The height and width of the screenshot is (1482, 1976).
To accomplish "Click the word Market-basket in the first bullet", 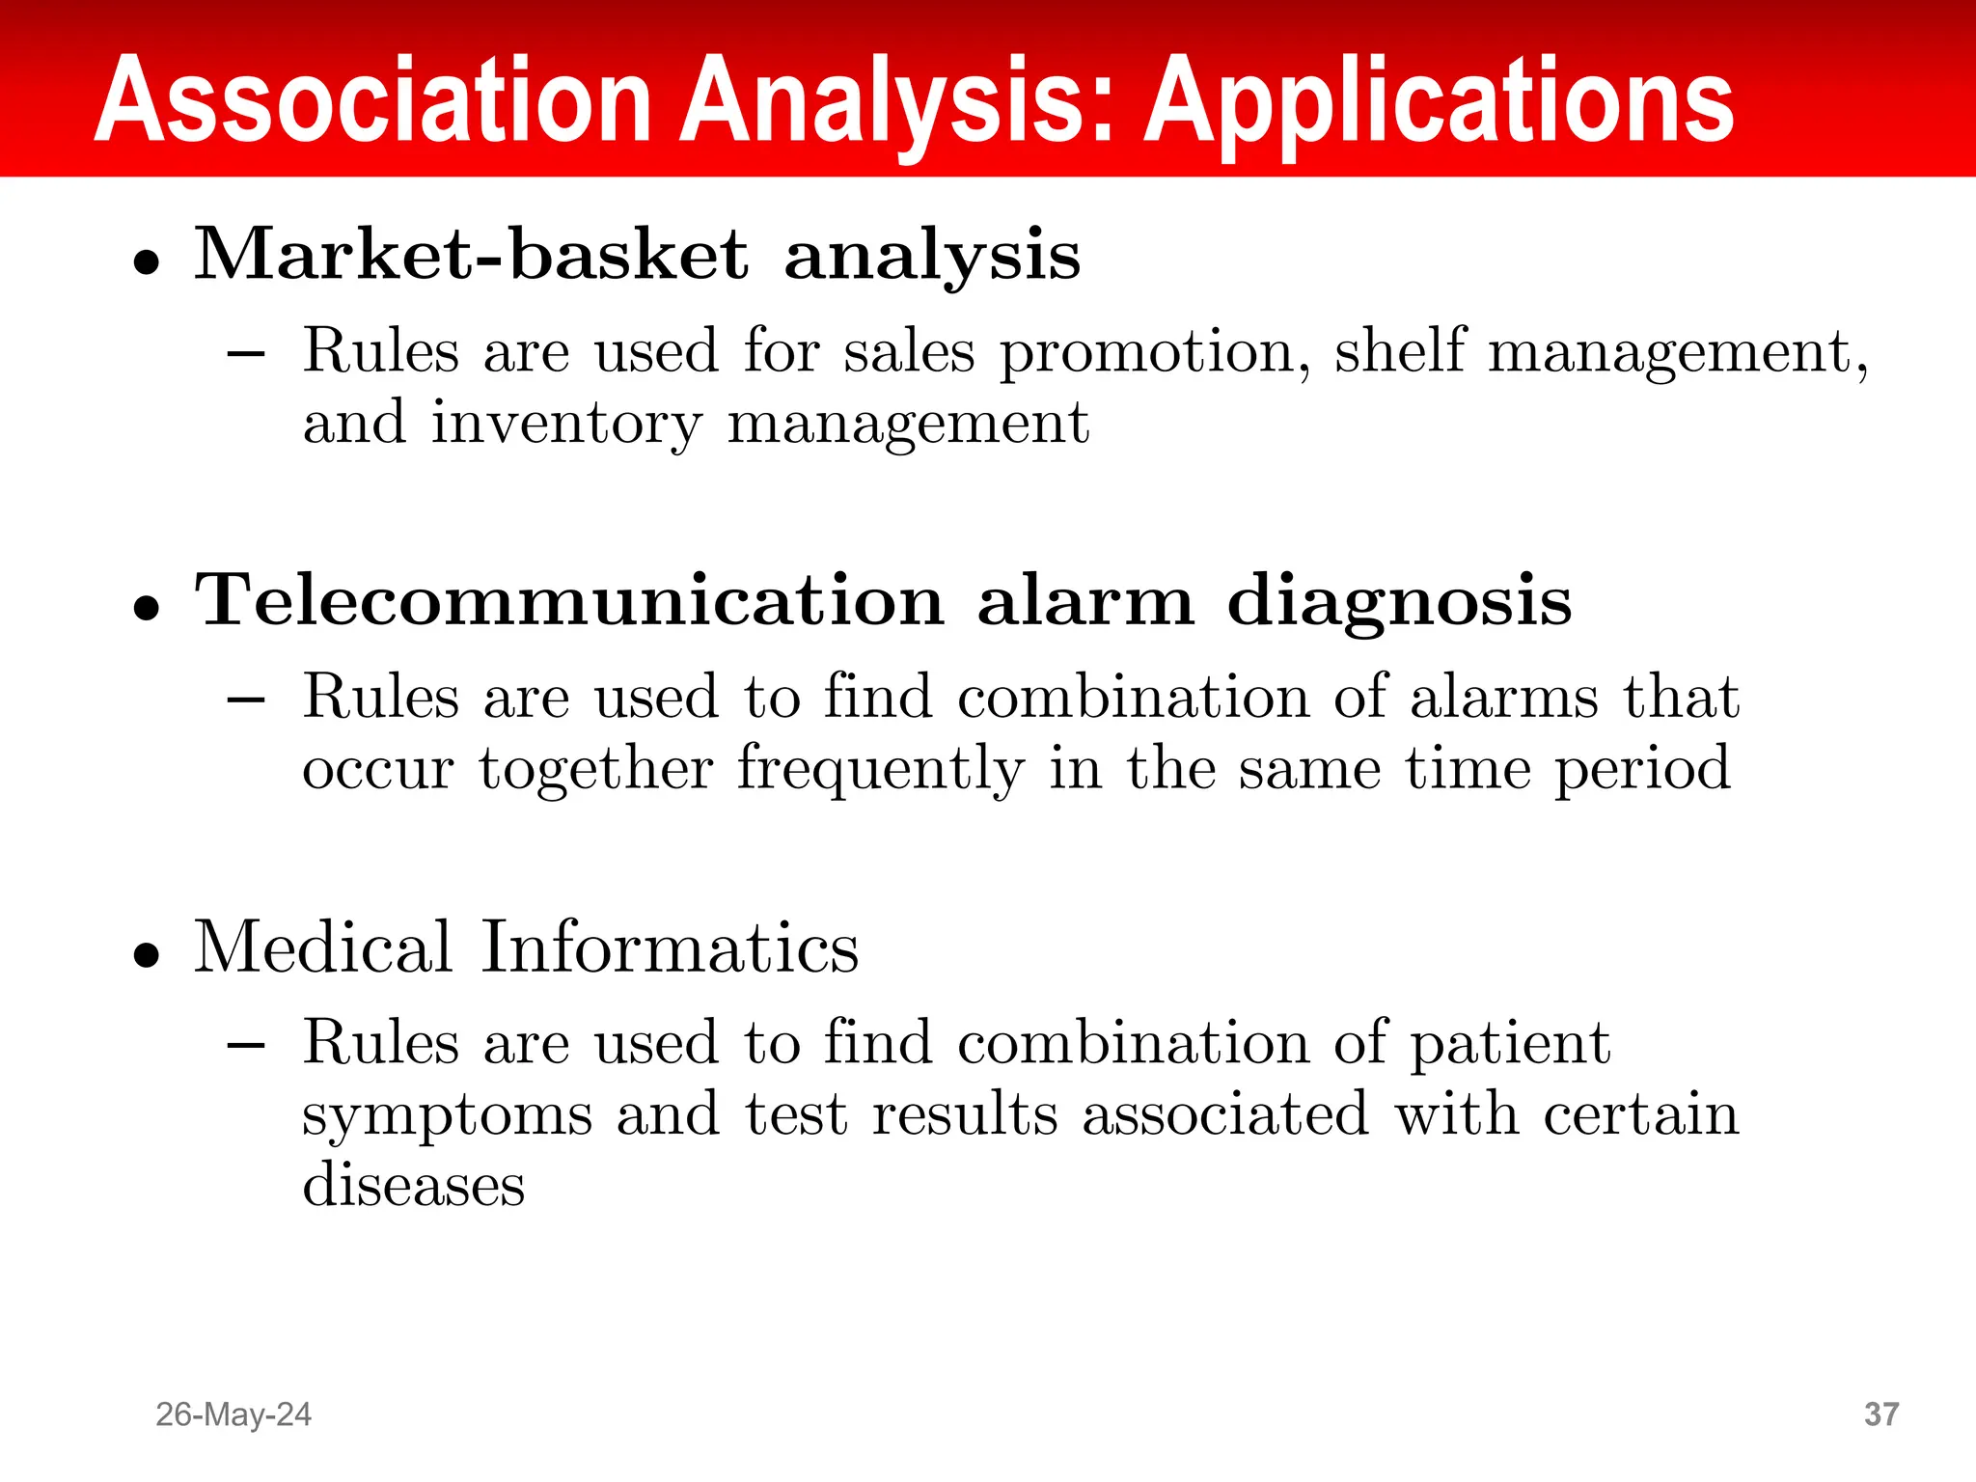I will pyautogui.click(x=471, y=254).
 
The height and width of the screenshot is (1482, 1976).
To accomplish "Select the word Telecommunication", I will pyautogui.click(x=569, y=600).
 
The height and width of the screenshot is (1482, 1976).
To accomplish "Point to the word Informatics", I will pyautogui.click(x=670, y=947).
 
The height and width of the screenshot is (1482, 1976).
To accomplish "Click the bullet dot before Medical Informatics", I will pyautogui.click(x=147, y=955).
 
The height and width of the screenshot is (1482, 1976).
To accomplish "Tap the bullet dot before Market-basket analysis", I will pyautogui.click(x=147, y=262).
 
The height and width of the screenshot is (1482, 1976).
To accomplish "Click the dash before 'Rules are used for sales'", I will pyautogui.click(x=246, y=354).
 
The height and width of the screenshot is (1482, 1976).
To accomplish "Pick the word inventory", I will pyautogui.click(x=566, y=425).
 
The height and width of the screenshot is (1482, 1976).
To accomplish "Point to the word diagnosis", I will pyautogui.click(x=1399, y=602).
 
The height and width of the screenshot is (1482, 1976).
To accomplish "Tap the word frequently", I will pyautogui.click(x=881, y=771).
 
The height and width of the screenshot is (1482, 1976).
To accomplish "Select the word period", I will pyautogui.click(x=1643, y=771).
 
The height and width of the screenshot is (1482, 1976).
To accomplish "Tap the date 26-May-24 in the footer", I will pyautogui.click(x=233, y=1414).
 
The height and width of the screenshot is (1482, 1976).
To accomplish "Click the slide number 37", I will pyautogui.click(x=1881, y=1414).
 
